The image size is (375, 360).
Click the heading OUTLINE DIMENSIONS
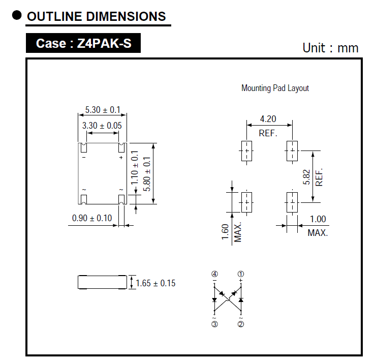coord(97,16)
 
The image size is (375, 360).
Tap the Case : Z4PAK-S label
coord(83,44)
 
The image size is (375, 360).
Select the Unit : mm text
coord(330,48)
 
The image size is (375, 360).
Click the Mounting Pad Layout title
coord(275,88)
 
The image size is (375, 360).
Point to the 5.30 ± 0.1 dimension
coord(103,110)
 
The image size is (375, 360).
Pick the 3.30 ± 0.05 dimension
coord(103,125)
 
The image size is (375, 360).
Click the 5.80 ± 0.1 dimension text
coord(147,173)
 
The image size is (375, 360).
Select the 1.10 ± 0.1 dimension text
coord(135,168)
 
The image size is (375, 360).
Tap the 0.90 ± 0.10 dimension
coord(92,218)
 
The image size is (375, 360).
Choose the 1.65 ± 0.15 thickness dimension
coord(155,283)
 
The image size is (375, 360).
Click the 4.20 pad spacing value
coord(268,119)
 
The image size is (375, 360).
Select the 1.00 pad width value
coord(318,219)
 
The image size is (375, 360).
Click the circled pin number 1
coord(241,274)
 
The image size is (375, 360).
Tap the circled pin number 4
coord(214,274)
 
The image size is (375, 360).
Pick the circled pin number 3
coord(214,324)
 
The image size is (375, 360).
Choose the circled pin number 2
coord(241,324)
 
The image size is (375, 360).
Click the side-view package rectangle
coord(102,282)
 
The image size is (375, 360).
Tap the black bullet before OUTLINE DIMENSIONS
coord(17,16)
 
